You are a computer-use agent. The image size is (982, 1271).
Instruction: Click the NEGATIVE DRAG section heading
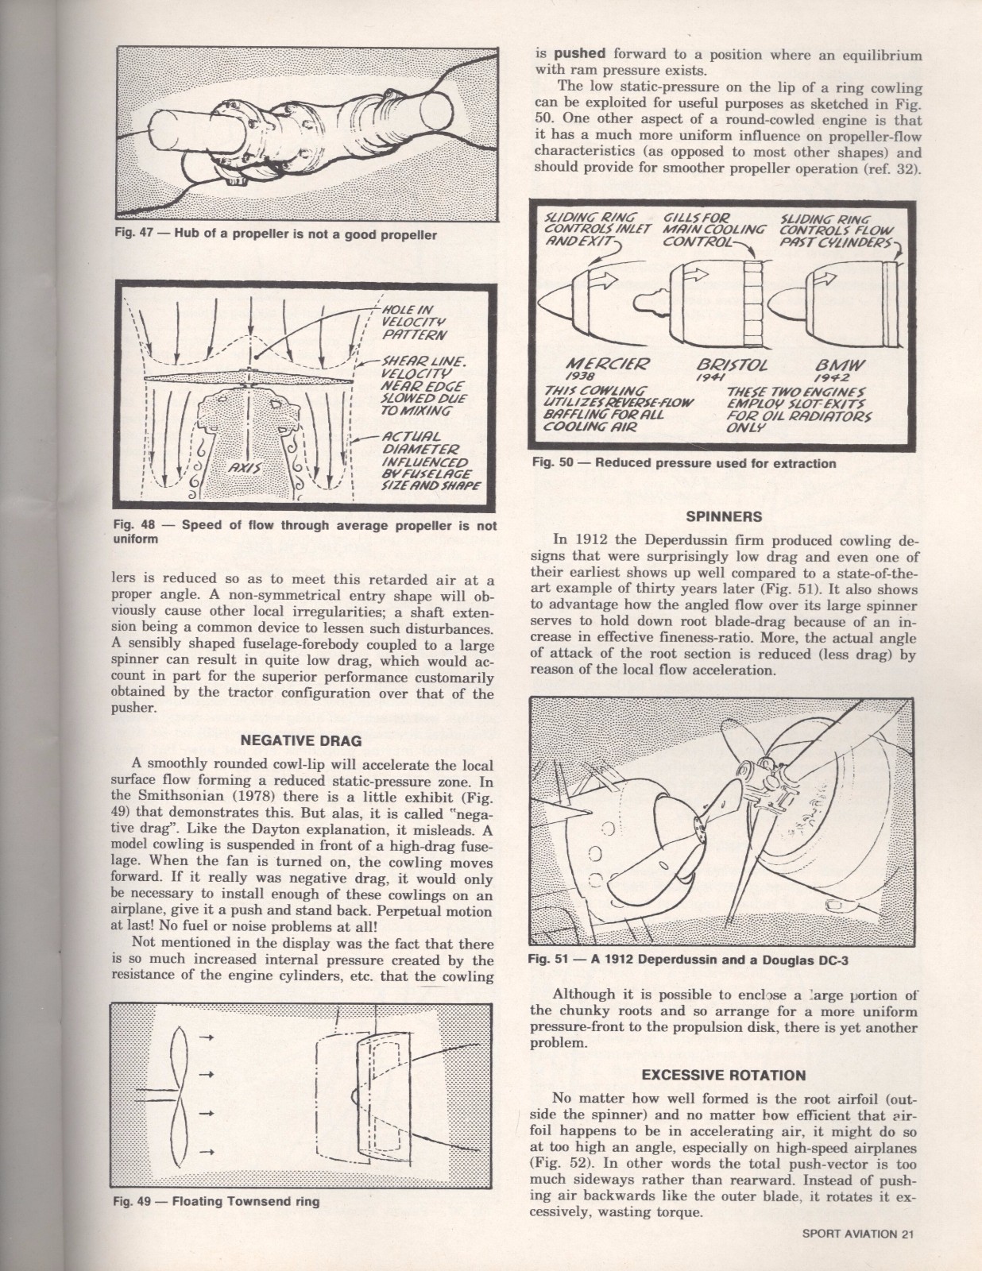coord(300,740)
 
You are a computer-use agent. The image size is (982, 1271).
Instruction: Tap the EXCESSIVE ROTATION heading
coord(723,1075)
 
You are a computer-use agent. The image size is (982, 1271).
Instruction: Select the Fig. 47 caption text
coord(276,235)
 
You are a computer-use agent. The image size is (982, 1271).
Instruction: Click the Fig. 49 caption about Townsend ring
coord(217,1201)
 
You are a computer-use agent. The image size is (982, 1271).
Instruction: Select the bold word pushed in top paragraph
coord(580,54)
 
